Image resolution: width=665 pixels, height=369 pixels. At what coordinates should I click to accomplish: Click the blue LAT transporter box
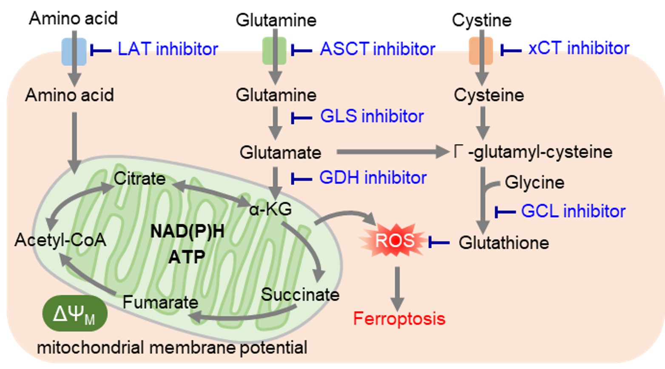[74, 51]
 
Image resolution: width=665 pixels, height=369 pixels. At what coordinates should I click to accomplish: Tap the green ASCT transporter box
[275, 51]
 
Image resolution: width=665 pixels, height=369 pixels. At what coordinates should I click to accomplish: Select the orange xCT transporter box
[481, 51]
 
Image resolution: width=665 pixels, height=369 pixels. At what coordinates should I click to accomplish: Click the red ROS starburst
[394, 241]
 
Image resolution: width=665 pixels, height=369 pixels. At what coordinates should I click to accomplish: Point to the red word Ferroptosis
[399, 318]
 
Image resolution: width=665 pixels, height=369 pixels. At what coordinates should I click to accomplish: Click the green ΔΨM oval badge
[75, 314]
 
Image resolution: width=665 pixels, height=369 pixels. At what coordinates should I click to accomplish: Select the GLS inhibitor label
[372, 116]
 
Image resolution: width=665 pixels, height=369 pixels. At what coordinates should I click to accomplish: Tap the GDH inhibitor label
[372, 177]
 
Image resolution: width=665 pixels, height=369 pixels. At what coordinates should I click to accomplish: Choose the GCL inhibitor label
[573, 211]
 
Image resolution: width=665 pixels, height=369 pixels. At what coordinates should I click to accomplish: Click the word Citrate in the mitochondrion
[139, 179]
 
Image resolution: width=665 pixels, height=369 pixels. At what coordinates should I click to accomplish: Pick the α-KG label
[270, 208]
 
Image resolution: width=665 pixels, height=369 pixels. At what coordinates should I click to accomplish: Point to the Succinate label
[300, 294]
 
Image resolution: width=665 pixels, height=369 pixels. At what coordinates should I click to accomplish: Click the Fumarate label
[160, 302]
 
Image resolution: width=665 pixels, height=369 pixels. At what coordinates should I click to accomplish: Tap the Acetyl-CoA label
[60, 240]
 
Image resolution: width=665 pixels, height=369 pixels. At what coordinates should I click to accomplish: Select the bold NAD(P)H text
[188, 231]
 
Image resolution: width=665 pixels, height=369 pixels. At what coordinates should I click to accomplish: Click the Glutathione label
[504, 242]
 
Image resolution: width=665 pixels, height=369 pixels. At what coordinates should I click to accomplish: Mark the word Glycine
[534, 182]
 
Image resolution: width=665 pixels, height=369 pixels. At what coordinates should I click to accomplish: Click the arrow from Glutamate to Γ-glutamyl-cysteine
[391, 152]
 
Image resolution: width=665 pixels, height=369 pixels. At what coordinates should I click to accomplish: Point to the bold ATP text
[187, 257]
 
